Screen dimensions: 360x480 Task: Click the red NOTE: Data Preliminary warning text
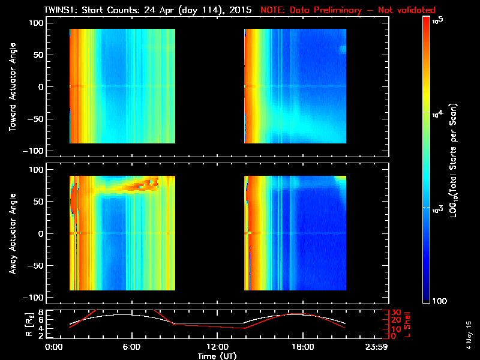tap(348, 10)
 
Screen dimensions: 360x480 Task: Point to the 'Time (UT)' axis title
tap(217, 356)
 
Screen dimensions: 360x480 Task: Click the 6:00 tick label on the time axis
tap(131, 347)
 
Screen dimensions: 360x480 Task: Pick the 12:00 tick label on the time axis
tap(217, 347)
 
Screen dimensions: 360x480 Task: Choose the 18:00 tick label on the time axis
tap(302, 347)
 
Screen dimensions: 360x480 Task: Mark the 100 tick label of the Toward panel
tap(37, 22)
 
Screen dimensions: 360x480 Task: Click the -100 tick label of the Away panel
tap(35, 298)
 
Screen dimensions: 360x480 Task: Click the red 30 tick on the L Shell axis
tap(394, 313)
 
